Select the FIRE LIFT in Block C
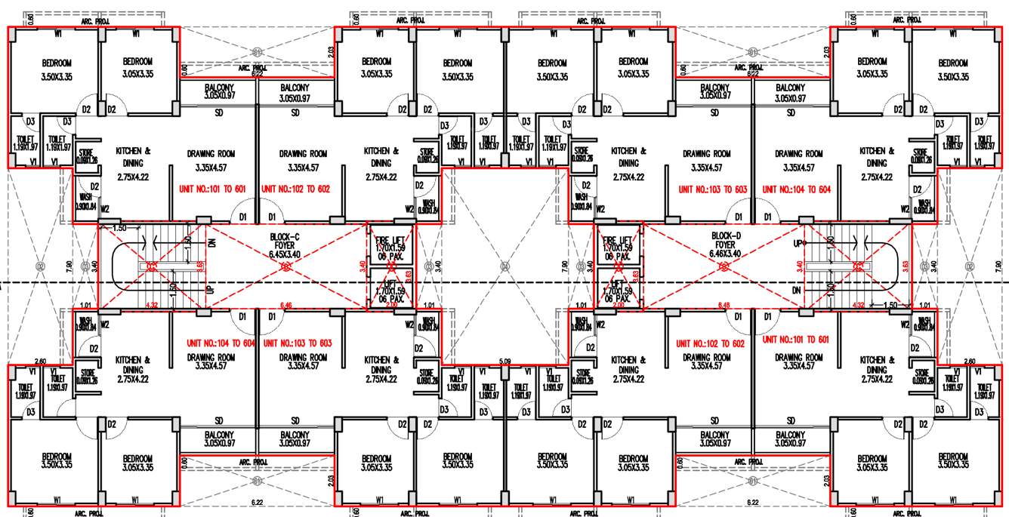point(390,247)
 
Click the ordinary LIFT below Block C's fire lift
point(390,291)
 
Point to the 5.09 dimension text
point(505,362)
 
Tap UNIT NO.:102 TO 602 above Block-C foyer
point(295,189)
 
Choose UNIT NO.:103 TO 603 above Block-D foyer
point(712,189)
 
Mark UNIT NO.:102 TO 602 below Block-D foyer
point(712,343)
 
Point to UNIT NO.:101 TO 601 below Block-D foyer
point(796,340)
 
